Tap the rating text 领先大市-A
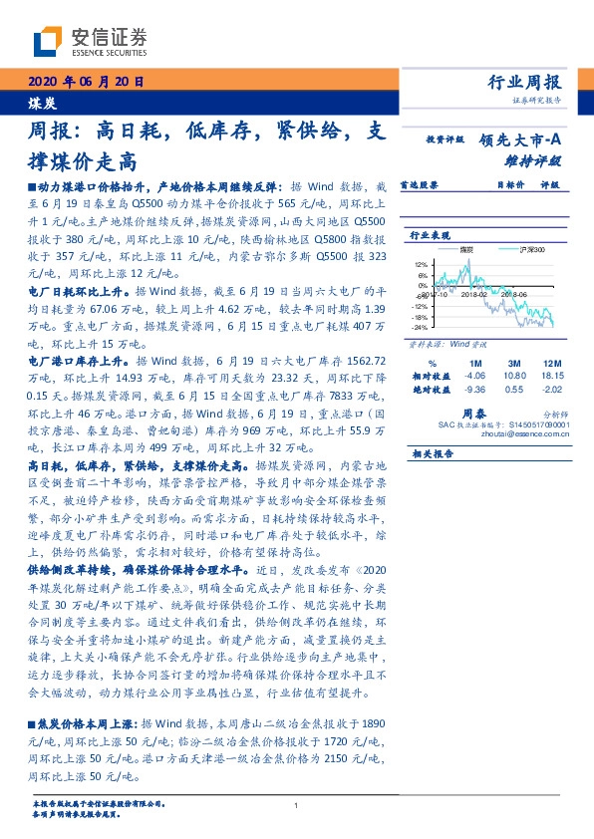point(521,141)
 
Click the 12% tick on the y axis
point(420,264)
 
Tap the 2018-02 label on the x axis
point(472,295)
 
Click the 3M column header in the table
point(514,363)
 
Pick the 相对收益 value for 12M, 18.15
point(551,376)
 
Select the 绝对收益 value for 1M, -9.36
point(474,390)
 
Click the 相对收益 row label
point(426,376)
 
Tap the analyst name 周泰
point(473,411)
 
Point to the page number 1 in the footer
point(297,805)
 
